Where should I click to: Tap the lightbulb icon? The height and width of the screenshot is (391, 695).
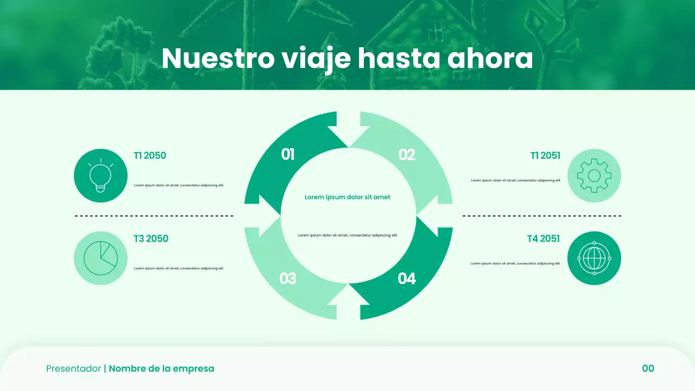coord(100,175)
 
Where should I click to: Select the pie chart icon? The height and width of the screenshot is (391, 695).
coord(100,258)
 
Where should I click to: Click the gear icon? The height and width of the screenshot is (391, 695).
coord(594,175)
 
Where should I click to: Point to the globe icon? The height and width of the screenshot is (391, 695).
coord(594,258)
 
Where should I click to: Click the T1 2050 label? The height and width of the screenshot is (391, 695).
coord(150,156)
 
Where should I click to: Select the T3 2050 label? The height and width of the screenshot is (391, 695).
coord(151,238)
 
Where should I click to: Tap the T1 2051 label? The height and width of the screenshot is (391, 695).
coord(545,156)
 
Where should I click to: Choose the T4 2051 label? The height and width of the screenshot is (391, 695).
coord(544,238)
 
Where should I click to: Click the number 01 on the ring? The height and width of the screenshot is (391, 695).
coord(288,155)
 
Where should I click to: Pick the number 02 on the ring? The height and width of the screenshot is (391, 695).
coord(407,155)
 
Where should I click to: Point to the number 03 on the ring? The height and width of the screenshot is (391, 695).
coord(288,279)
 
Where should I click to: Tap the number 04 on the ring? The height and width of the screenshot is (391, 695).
coord(407,279)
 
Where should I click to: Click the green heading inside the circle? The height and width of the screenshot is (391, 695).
coord(347,197)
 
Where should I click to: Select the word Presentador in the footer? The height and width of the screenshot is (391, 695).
coord(73,369)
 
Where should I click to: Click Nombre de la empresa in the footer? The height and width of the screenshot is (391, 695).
coord(162,369)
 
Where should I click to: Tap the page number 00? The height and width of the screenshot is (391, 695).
coord(648,369)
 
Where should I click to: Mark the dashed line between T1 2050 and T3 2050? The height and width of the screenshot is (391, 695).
coord(154,216)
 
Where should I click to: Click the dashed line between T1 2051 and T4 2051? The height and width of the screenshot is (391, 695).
coord(542,216)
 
